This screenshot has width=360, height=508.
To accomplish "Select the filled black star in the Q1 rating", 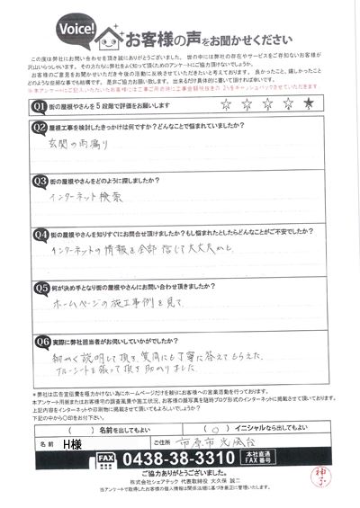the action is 309,103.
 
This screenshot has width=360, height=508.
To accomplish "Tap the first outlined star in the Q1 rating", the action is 224,103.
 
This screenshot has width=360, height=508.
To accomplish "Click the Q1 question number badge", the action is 39,105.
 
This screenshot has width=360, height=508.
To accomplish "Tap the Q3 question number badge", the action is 39,181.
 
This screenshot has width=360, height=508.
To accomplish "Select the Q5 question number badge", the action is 39,288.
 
